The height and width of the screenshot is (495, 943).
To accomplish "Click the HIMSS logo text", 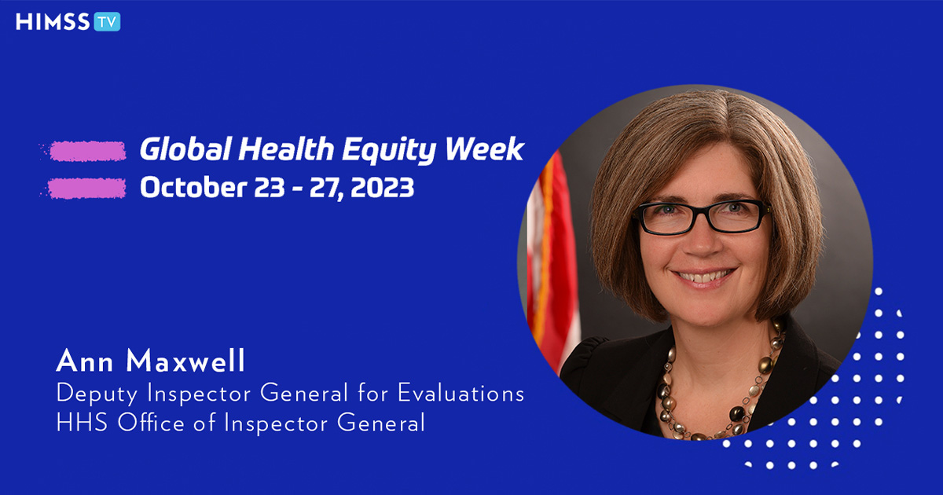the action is click(x=53, y=22).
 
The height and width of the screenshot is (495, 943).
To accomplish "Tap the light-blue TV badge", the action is click(x=107, y=22).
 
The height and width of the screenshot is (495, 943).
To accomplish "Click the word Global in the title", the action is click(x=185, y=149).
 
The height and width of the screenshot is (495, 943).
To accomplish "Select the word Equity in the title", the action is click(x=388, y=151).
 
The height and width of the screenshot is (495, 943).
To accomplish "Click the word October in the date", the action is click(x=193, y=187).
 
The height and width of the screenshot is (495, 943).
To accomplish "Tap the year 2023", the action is click(x=382, y=188).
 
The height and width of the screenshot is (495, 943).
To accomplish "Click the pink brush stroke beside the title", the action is click(x=86, y=151).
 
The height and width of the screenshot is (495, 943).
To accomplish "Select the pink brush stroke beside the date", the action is click(x=86, y=188).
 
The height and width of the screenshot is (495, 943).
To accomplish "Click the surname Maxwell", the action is click(x=185, y=361).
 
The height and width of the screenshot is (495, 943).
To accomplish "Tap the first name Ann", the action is click(x=85, y=361).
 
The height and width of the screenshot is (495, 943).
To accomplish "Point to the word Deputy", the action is click(x=97, y=394).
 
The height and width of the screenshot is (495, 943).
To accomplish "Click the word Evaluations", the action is click(x=461, y=393).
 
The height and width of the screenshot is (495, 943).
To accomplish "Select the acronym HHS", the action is click(x=82, y=423).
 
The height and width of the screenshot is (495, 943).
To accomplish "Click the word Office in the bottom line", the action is click(x=151, y=422).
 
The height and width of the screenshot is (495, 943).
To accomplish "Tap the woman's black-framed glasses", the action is click(x=703, y=217).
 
